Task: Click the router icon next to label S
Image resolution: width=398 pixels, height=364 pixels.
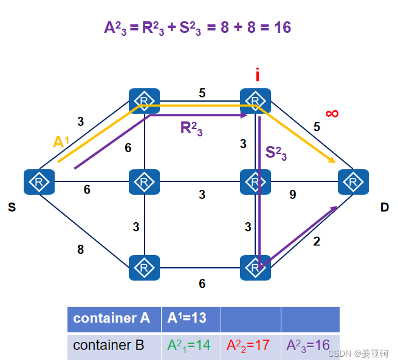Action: pos(39,182)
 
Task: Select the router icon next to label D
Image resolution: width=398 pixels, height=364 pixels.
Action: pos(353,181)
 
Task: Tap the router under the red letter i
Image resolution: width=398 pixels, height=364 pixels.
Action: pos(255,100)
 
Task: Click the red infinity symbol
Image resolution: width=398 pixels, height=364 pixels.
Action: pos(332,113)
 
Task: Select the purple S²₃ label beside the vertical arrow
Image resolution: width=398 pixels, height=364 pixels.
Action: pos(276,153)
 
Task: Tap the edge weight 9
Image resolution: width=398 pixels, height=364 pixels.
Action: pos(293,195)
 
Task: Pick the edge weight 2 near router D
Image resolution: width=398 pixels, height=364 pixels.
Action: pos(316,241)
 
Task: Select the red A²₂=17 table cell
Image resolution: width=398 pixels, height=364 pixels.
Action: pos(249,345)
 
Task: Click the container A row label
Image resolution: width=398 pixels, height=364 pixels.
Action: pos(112,318)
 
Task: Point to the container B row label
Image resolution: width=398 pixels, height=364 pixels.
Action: pos(109,345)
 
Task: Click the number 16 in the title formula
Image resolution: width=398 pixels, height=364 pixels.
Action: pos(283,27)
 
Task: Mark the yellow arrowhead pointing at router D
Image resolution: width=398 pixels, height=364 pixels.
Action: pos(333,161)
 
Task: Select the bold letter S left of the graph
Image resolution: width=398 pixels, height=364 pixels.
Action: pos(12,208)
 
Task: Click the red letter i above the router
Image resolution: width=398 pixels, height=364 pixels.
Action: pos(257,75)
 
